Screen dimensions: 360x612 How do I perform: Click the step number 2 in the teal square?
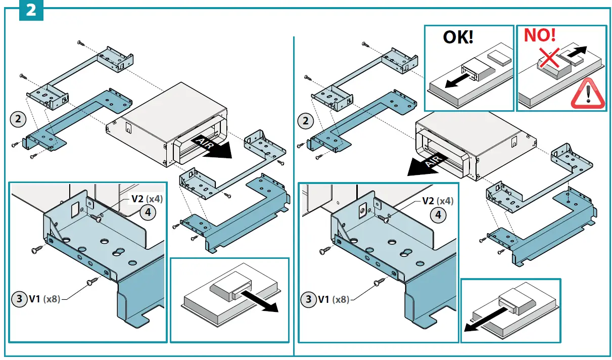[x=31, y=10]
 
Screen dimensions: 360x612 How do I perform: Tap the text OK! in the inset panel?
[x=458, y=37]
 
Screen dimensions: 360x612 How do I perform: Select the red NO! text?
[x=539, y=35]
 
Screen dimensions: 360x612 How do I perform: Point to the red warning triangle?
[x=587, y=95]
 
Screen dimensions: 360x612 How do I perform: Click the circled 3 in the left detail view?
[x=19, y=299]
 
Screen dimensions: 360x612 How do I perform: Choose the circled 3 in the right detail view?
[x=308, y=299]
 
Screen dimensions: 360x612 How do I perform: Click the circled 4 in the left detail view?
[x=148, y=212]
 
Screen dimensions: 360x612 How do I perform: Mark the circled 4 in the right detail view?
[x=438, y=214]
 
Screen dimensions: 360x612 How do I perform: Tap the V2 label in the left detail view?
[x=137, y=199]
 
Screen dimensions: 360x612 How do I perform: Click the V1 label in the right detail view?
[x=323, y=299]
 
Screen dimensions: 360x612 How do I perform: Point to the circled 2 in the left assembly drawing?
[x=18, y=120]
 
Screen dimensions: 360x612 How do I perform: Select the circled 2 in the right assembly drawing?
[x=305, y=121]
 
